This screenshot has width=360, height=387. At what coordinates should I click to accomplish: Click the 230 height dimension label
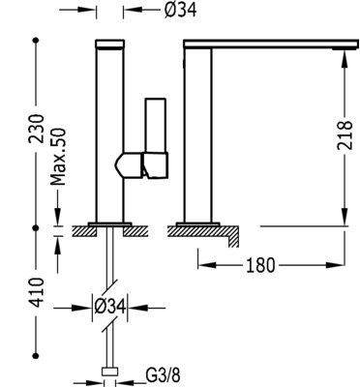click(x=36, y=129)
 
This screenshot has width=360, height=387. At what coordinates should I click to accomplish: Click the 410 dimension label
click(x=36, y=292)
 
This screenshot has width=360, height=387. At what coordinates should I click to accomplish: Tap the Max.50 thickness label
click(x=58, y=157)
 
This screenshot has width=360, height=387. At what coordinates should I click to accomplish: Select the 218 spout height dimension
click(x=345, y=134)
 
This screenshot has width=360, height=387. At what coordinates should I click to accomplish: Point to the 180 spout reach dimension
click(x=260, y=265)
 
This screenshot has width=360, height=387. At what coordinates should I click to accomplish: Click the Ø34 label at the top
click(x=180, y=10)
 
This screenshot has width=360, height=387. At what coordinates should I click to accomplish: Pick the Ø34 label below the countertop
click(x=109, y=307)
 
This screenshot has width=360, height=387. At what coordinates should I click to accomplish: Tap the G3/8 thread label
click(x=164, y=375)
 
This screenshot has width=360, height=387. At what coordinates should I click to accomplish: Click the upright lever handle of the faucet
click(x=156, y=125)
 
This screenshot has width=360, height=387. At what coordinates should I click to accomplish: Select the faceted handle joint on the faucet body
click(x=141, y=165)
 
